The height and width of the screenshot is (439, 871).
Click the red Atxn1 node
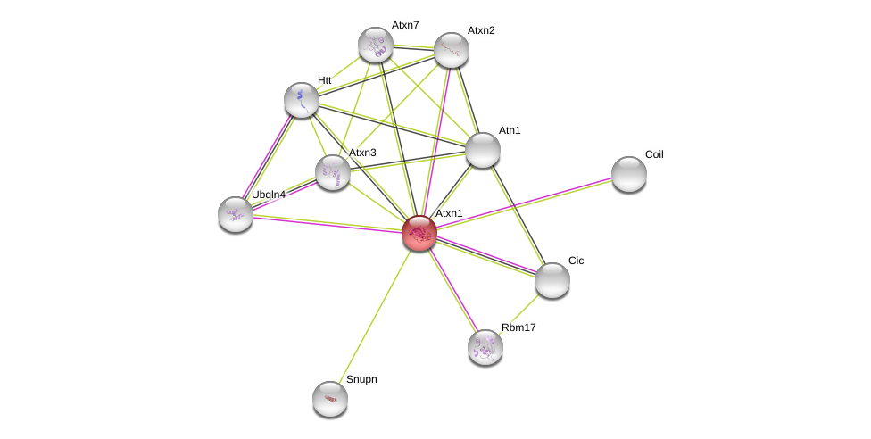[x=419, y=233]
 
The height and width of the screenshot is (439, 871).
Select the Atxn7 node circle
[x=376, y=45]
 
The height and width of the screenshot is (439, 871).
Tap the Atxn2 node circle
[x=452, y=50]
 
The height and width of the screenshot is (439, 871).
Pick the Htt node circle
[x=302, y=99]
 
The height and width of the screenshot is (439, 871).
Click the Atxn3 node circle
[x=333, y=172]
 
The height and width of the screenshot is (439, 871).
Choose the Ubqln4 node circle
[x=236, y=214]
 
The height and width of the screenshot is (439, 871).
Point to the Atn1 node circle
[x=483, y=150]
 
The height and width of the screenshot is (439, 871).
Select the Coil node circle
[x=629, y=174]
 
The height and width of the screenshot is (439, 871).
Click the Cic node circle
[x=552, y=280]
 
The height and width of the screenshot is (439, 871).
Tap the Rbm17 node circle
[x=485, y=347]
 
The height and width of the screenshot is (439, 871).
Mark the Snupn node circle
[x=330, y=399]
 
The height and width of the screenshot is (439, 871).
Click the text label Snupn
[x=361, y=379]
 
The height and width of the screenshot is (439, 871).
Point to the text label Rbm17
[x=518, y=327]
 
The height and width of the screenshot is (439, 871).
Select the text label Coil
[x=654, y=154]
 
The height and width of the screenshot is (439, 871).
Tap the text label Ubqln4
[x=268, y=195]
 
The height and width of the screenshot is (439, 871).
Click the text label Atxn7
[x=405, y=25]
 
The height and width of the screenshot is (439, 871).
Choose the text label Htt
[x=324, y=80]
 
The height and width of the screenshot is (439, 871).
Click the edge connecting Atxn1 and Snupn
[x=375, y=315]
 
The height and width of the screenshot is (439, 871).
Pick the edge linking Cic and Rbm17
[x=519, y=313]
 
